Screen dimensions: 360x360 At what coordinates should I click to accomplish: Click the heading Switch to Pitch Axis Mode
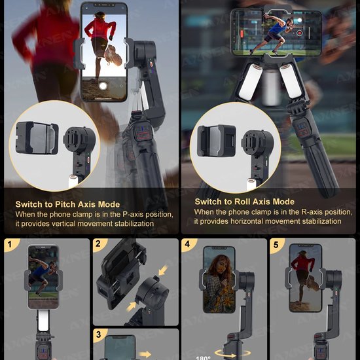pos(68,204)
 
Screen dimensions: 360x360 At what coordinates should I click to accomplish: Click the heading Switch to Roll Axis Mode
pos(244,202)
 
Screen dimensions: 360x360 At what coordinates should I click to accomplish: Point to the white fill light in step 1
pos(42,323)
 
